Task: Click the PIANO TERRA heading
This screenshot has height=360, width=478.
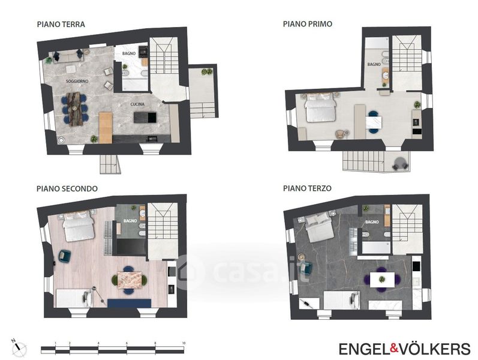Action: point(61,25)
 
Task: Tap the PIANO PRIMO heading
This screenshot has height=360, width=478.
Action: point(308,24)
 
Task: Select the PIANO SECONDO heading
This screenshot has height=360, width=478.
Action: point(67,188)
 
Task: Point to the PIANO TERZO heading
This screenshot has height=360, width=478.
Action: point(307,188)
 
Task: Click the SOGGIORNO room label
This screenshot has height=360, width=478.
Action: point(77,82)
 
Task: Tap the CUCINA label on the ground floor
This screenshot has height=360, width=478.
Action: point(137,104)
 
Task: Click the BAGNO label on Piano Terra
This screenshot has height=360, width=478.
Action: point(128,53)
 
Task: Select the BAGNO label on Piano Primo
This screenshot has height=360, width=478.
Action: point(374,64)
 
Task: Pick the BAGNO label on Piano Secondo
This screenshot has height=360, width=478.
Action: point(130,221)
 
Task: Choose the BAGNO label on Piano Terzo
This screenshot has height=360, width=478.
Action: point(372,222)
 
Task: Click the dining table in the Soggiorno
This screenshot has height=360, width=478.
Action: point(74,109)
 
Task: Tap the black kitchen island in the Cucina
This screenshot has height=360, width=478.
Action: point(145,117)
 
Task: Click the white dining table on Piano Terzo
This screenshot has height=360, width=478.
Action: point(382,280)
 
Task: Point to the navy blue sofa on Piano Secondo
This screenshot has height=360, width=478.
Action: point(130,303)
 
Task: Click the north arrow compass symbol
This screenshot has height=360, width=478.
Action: point(20,347)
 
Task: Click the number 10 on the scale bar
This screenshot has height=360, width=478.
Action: point(184,343)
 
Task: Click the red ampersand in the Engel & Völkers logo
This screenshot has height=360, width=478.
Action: point(394,349)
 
